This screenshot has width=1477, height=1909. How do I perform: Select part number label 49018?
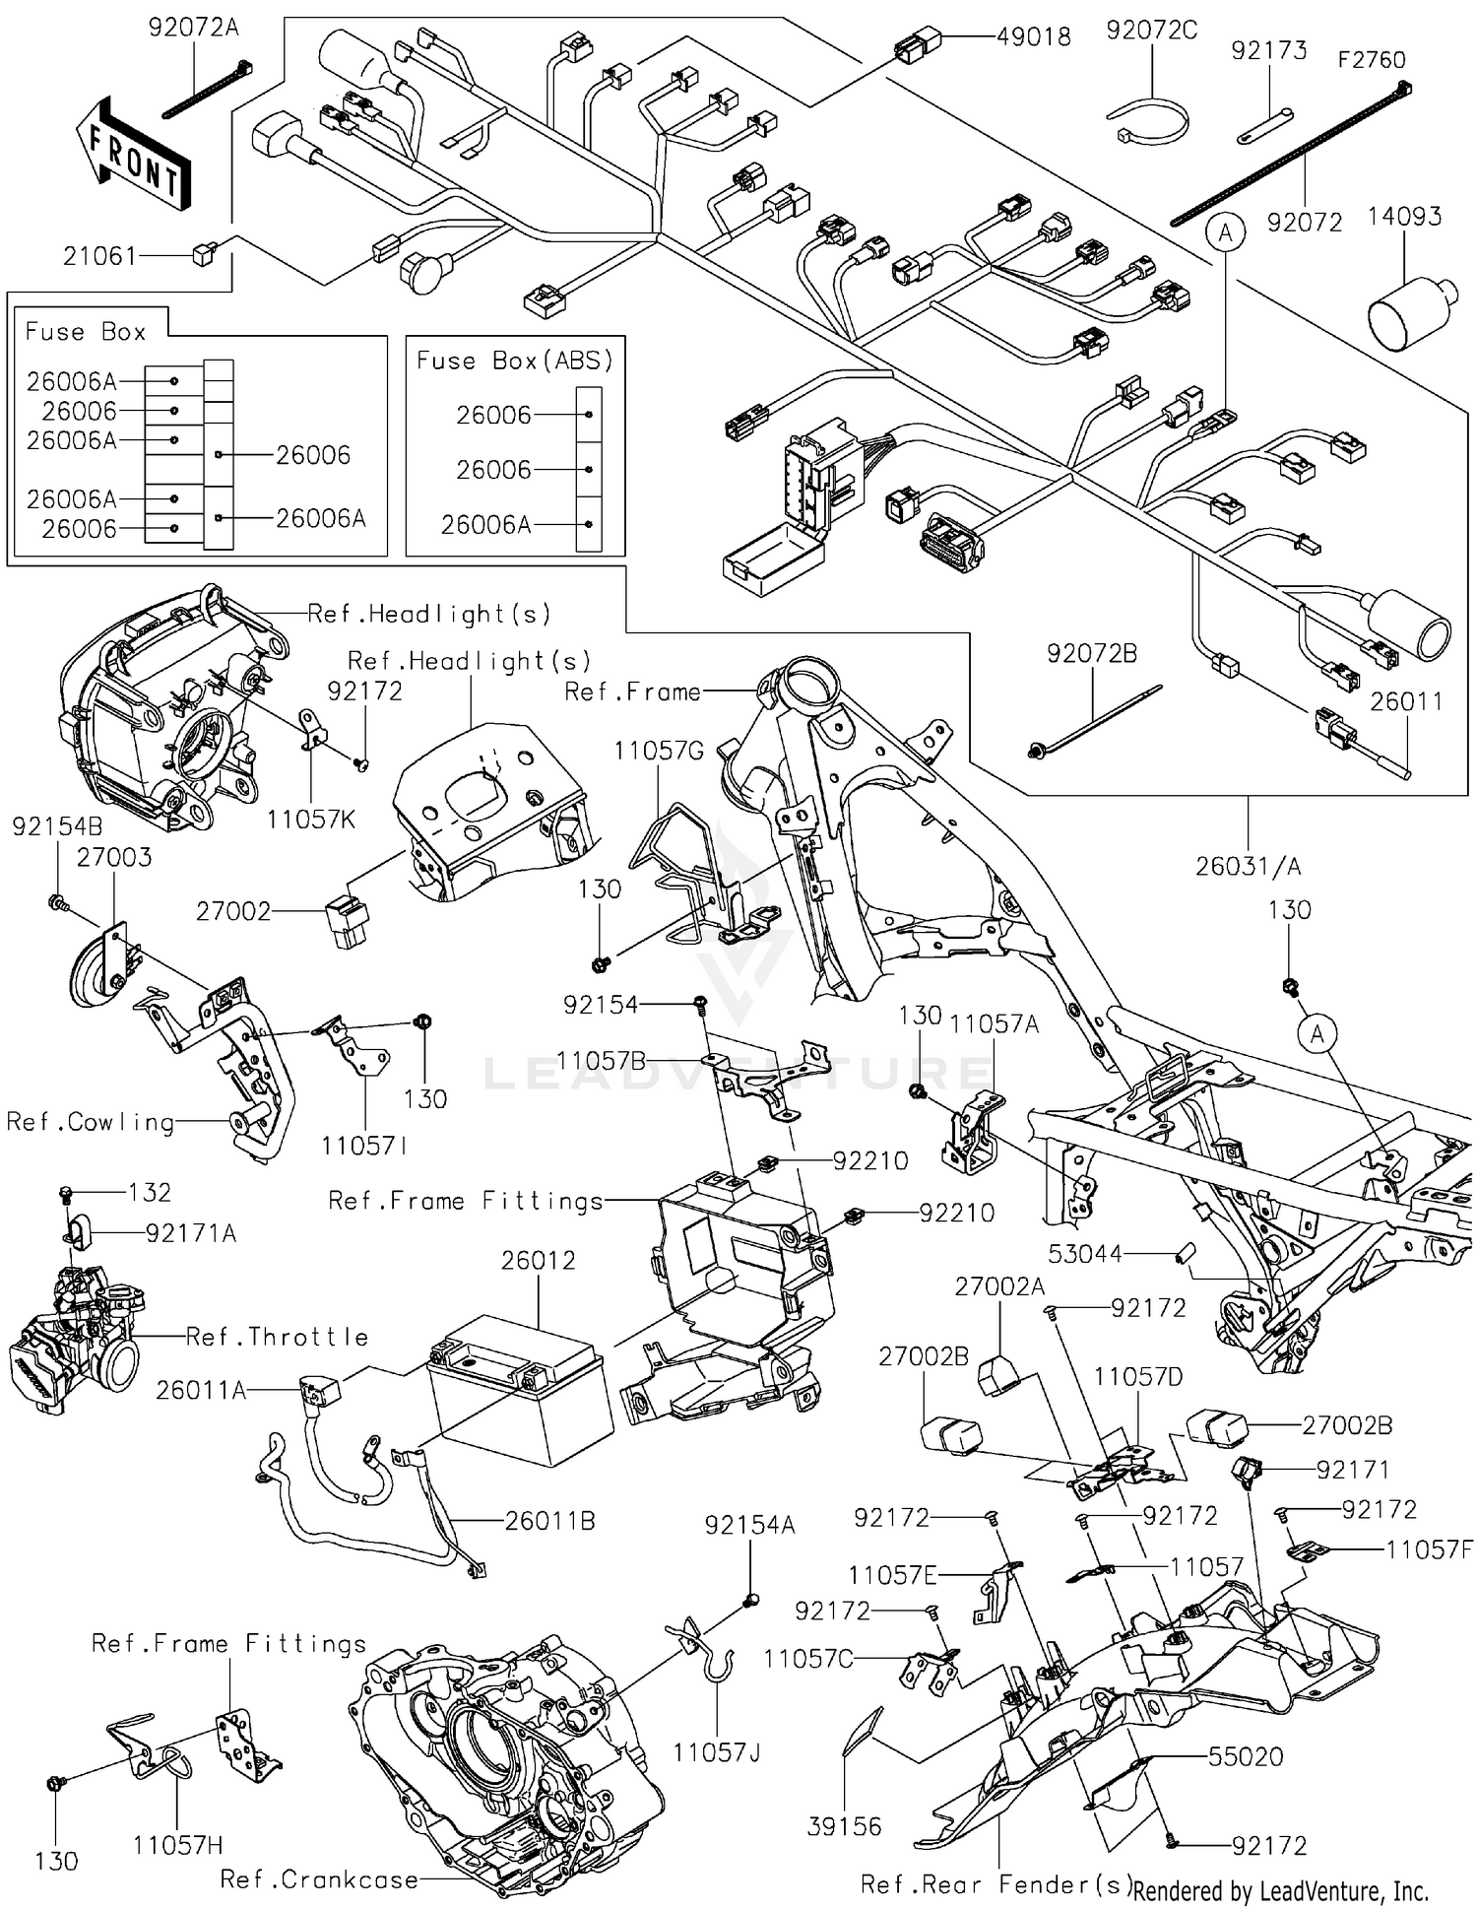pyautogui.click(x=1033, y=37)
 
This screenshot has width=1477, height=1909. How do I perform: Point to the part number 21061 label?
pyautogui.click(x=99, y=256)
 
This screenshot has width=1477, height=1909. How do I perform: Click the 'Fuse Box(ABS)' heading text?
pyautogui.click(x=515, y=361)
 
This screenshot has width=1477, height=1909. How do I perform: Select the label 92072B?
pyautogui.click(x=1092, y=653)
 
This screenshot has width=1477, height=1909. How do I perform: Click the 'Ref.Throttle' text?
pyautogui.click(x=278, y=1337)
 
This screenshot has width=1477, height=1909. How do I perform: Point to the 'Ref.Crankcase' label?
pyautogui.click(x=319, y=1879)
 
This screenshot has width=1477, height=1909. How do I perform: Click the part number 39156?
pyautogui.click(x=844, y=1826)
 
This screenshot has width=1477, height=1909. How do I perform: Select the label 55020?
pyautogui.click(x=1246, y=1756)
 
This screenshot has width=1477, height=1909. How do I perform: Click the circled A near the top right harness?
pyautogui.click(x=1225, y=232)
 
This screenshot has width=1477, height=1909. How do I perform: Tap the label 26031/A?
pyautogui.click(x=1248, y=866)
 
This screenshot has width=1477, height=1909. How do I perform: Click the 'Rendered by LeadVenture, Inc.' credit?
pyautogui.click(x=1280, y=1890)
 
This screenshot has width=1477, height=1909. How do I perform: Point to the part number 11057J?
pyautogui.click(x=717, y=1751)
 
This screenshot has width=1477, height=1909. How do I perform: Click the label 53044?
pyautogui.click(x=1084, y=1254)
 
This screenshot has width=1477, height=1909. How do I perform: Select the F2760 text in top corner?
pyautogui.click(x=1371, y=60)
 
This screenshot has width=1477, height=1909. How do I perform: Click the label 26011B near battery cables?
pyautogui.click(x=549, y=1521)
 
